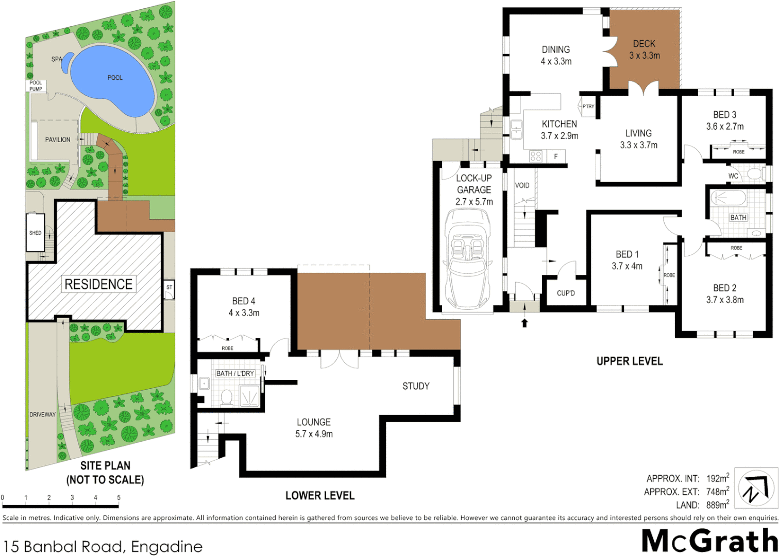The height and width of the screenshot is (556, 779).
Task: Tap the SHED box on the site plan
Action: coord(36,233)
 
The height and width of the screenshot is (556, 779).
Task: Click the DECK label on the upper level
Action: coord(644,44)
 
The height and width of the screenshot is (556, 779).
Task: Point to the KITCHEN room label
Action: coord(559,124)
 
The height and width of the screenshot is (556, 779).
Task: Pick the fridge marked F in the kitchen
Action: coord(556,156)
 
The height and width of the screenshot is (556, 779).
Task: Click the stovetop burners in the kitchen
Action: coord(536,156)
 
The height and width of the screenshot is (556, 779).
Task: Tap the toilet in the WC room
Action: coord(756,174)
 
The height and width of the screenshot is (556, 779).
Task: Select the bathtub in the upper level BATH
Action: coord(728,198)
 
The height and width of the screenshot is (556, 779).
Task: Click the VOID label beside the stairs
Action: coord(522,185)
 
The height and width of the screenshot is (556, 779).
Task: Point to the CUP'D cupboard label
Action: coord(566,293)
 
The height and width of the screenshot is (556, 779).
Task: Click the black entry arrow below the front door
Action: coord(524,323)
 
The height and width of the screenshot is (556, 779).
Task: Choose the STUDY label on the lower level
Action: coord(416,386)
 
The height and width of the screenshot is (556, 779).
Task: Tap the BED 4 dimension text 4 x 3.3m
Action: coord(244,313)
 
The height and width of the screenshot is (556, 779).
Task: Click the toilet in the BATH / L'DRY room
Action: coord(226,397)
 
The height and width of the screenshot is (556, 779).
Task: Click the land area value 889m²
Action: coord(717,505)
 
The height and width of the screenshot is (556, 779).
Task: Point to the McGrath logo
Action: coord(709,542)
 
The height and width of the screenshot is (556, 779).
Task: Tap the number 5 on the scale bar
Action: coord(118,498)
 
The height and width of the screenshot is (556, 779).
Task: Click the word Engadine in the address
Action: coord(166,546)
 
